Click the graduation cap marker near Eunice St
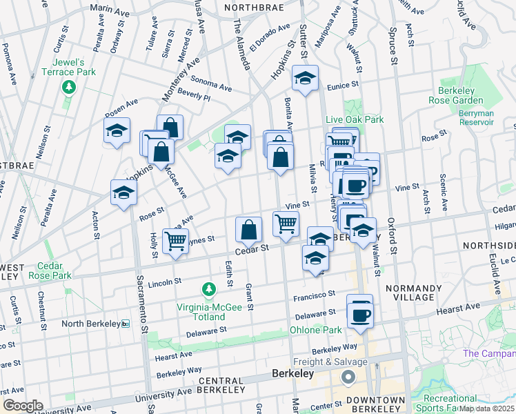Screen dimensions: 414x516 click(304, 79)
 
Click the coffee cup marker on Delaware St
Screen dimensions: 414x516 click(359, 315)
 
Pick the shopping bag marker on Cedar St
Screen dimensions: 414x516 click(248, 230)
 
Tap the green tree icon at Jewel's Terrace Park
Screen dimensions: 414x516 click(68, 87)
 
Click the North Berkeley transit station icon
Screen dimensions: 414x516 click(125, 324)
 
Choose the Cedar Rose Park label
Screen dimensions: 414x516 click(50, 270)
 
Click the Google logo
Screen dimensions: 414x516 click(23, 405)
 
